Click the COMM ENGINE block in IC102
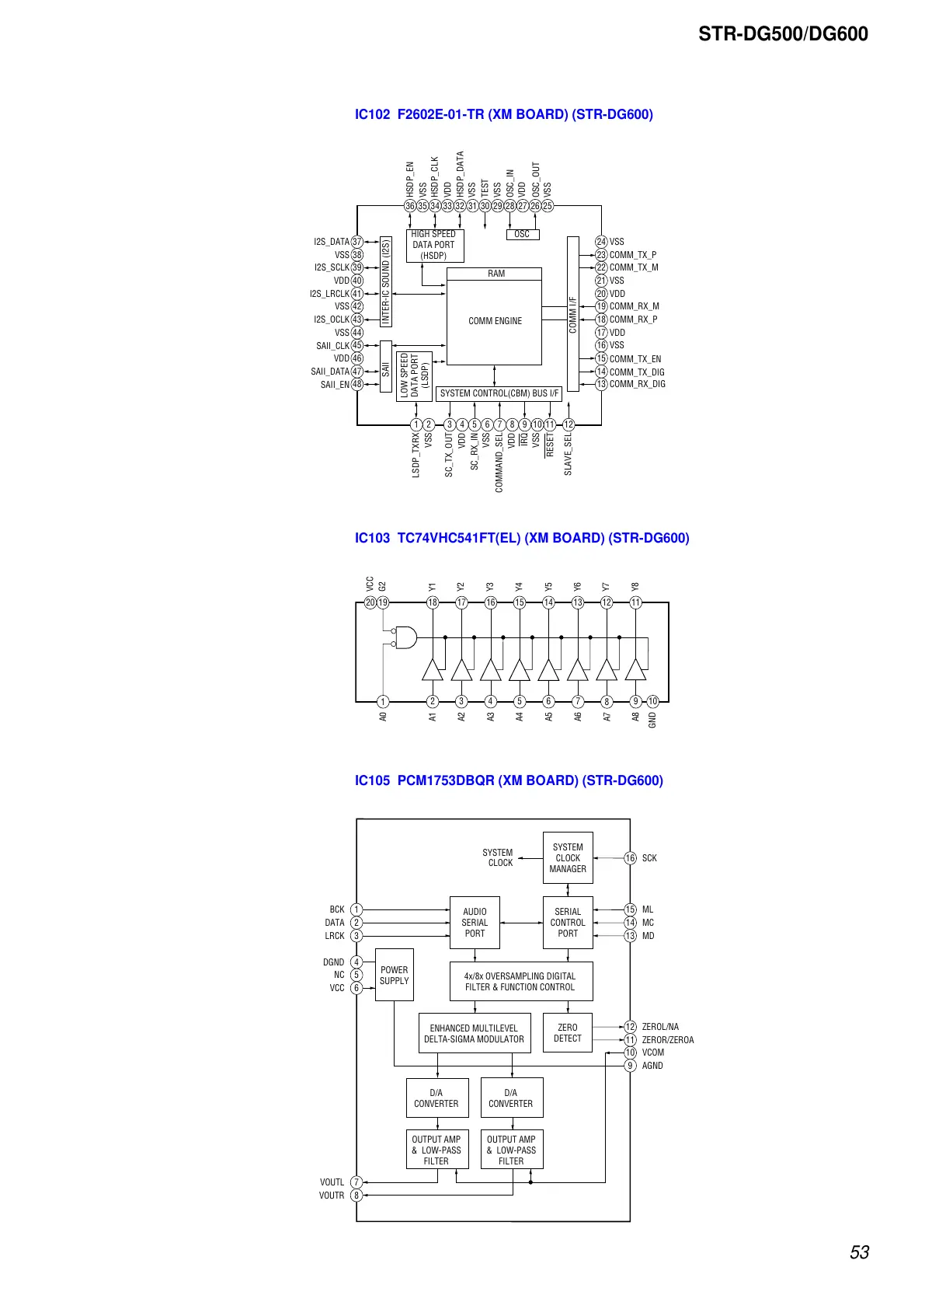coord(495,321)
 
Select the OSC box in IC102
coord(522,234)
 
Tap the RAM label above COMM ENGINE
coord(496,274)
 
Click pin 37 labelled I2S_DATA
coord(357,242)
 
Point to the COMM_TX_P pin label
coord(632,255)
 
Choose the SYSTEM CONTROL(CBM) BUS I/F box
coord(499,393)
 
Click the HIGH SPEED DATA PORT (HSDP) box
coord(434,245)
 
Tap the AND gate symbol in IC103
coord(405,637)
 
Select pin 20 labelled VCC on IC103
coord(370,602)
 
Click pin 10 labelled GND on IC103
coord(652,701)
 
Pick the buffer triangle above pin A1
coord(433,669)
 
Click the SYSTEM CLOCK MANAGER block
coord(568,858)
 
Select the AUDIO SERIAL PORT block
coord(475,923)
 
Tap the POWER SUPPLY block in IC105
coord(394,975)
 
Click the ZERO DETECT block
coord(568,1033)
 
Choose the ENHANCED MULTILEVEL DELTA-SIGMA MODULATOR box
coord(474,1033)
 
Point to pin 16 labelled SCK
coord(630,858)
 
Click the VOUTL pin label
coord(332,1182)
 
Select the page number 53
coord(859,1252)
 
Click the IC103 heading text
coord(521,538)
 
